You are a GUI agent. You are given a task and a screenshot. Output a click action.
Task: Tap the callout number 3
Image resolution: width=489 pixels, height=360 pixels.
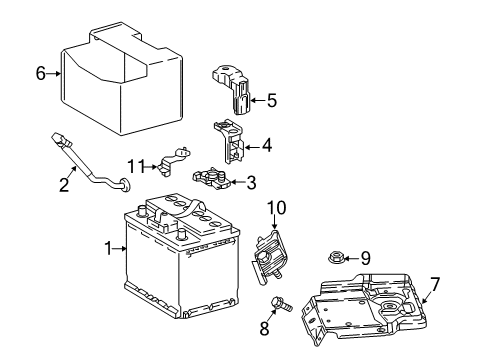click(x=250, y=182)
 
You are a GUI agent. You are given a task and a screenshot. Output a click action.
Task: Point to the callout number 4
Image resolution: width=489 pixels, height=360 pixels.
click(x=265, y=146)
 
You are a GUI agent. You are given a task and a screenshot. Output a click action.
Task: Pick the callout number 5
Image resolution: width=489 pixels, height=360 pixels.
click(x=270, y=99)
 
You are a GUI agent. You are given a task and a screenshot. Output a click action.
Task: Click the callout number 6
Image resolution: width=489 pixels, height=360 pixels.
click(x=41, y=72)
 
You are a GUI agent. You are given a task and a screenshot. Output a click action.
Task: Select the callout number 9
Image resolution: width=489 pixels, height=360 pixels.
click(x=365, y=258)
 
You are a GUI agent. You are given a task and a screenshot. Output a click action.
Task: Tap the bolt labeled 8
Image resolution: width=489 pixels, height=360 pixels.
click(x=282, y=307)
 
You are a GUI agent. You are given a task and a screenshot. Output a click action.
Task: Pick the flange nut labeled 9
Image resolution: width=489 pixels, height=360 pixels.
click(x=338, y=258)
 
